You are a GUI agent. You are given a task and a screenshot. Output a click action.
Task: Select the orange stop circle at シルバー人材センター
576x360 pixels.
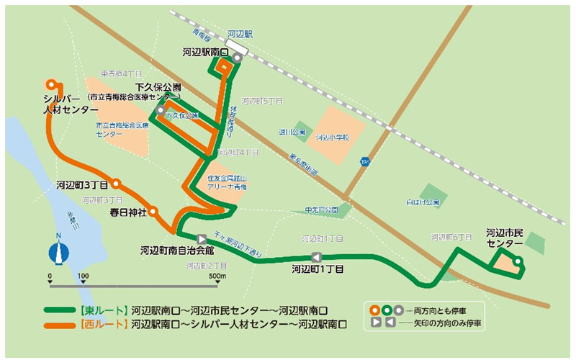coord(50,83)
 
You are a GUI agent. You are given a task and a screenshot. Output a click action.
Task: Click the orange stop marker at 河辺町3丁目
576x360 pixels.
coord(115,183)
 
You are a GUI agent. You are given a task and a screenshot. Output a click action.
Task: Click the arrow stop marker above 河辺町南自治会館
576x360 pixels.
coord(202,237)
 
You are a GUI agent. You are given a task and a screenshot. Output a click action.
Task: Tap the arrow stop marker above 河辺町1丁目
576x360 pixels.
coord(315,258)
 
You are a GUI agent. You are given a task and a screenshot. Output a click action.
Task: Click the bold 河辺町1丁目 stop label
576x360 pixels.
coord(317,271)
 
